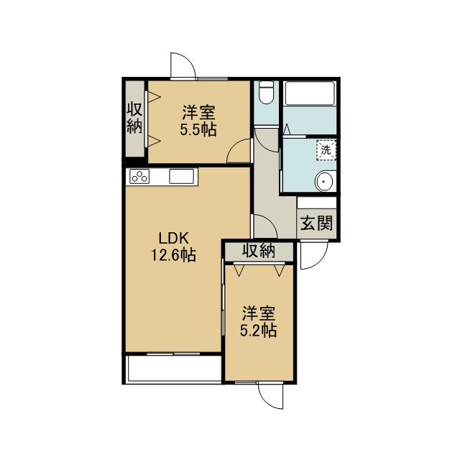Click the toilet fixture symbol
tap(267, 92)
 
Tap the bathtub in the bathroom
tap(310, 93)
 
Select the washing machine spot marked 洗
tap(326, 150)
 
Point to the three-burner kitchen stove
tap(139, 176)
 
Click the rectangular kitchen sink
tap(181, 176)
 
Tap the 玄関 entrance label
tap(316, 224)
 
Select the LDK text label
tap(173, 238)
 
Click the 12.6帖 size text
tap(173, 254)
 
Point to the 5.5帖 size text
tap(198, 129)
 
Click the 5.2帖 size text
tap(258, 331)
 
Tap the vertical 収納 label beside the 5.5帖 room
tap(134, 118)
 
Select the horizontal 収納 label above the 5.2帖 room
tap(259, 251)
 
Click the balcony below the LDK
tap(173, 369)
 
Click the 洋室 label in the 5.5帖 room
tap(198, 113)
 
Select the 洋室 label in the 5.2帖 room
tap(259, 313)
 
